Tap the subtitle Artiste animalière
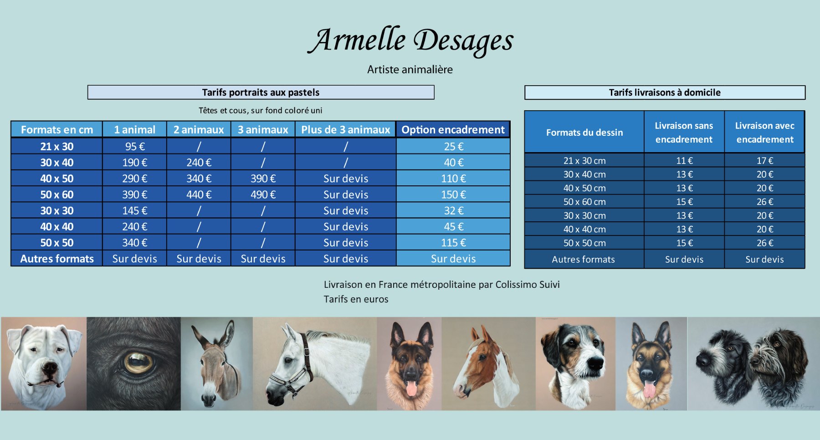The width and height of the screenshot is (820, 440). click(410, 70)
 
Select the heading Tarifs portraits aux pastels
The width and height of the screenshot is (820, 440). click(261, 92)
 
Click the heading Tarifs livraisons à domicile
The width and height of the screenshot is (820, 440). click(665, 92)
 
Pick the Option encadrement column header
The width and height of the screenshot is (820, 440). click(453, 130)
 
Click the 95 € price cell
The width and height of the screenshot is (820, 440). click(135, 147)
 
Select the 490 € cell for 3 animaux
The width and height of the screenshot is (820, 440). click(263, 194)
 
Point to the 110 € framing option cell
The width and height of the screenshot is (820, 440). click(453, 179)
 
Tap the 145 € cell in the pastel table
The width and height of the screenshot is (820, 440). click(135, 211)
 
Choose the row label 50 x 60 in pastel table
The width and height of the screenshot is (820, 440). click(57, 194)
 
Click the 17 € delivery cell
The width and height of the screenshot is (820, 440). click(765, 161)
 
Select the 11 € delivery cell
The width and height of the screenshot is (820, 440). click(684, 161)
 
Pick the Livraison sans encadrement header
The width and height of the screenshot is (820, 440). click(684, 133)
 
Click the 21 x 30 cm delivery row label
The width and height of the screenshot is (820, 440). click(584, 161)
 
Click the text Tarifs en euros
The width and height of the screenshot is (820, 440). click(356, 299)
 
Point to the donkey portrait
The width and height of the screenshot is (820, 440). click(217, 364)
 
